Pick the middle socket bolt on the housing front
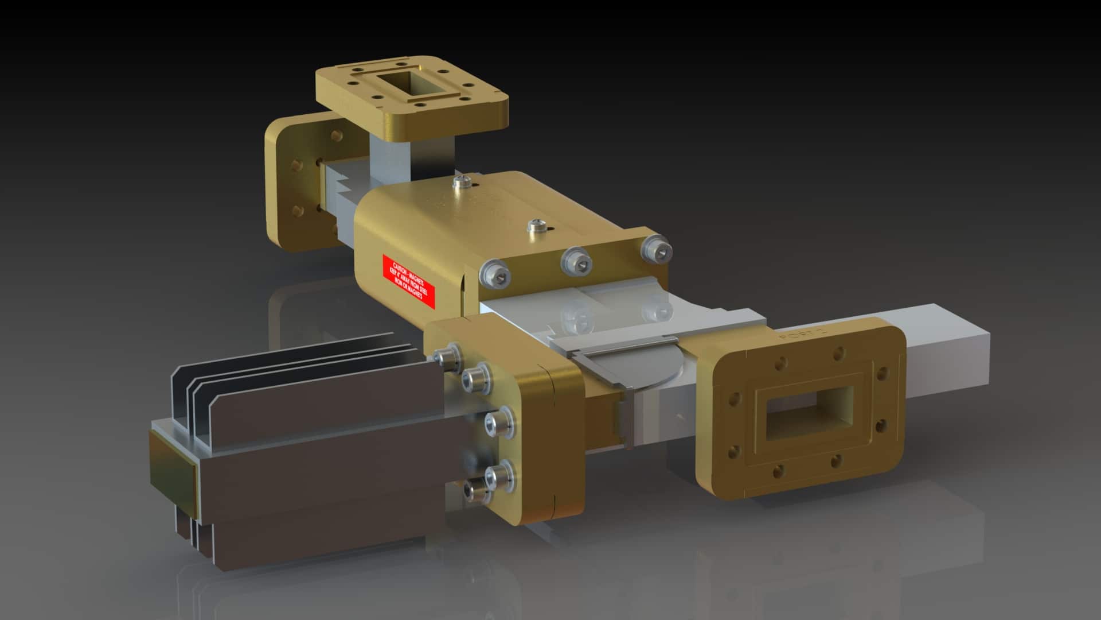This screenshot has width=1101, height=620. click(x=575, y=261)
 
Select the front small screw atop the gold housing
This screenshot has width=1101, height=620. click(x=537, y=225)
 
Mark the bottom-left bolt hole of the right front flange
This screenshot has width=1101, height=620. click(x=778, y=471)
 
